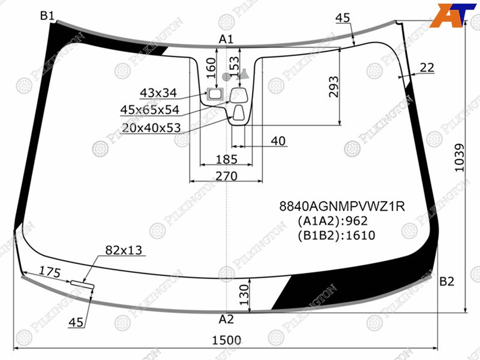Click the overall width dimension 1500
[x=227, y=340]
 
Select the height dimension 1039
[x=459, y=158]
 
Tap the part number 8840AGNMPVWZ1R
[x=342, y=206]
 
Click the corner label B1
[x=47, y=16]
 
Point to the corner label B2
[x=446, y=281]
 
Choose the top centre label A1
[x=226, y=39]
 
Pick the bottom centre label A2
[x=226, y=319]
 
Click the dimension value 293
[x=334, y=86]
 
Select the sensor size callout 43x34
[x=158, y=93]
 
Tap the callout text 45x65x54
[x=149, y=110]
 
